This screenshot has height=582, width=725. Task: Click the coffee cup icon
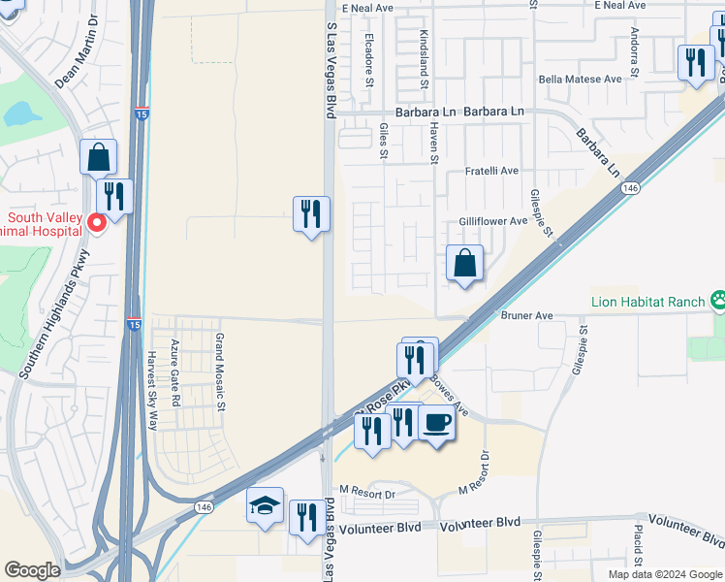pos(437,424)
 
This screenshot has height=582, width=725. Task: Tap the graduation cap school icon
pos(266,505)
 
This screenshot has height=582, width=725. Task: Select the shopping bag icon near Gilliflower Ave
pos(465,262)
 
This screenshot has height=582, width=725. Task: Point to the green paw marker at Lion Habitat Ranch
pos(718,301)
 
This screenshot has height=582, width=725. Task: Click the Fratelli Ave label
pos(491,171)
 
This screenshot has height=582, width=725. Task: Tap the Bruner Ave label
pos(526,315)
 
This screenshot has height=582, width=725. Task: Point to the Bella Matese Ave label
pos(580,80)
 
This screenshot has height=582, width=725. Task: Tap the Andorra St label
pos(635,53)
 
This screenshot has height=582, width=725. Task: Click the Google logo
pos(32,570)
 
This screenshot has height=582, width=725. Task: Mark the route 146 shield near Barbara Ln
pos(630,187)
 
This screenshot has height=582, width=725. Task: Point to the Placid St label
pos(638,548)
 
